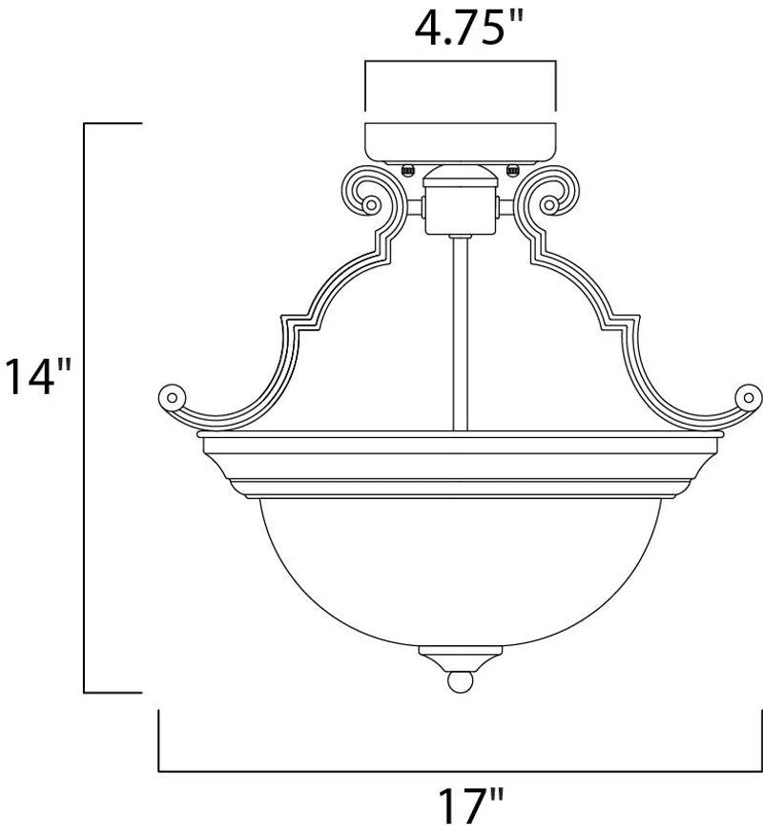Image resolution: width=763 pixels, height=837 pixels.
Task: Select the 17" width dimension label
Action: tap(470, 806)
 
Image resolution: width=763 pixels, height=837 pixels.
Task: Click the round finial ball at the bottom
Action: tap(461, 681)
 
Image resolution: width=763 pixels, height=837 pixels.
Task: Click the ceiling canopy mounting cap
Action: tap(461, 143)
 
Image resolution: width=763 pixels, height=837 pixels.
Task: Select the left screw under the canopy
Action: tap(408, 170)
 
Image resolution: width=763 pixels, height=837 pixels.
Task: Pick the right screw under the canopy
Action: tap(512, 170)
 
